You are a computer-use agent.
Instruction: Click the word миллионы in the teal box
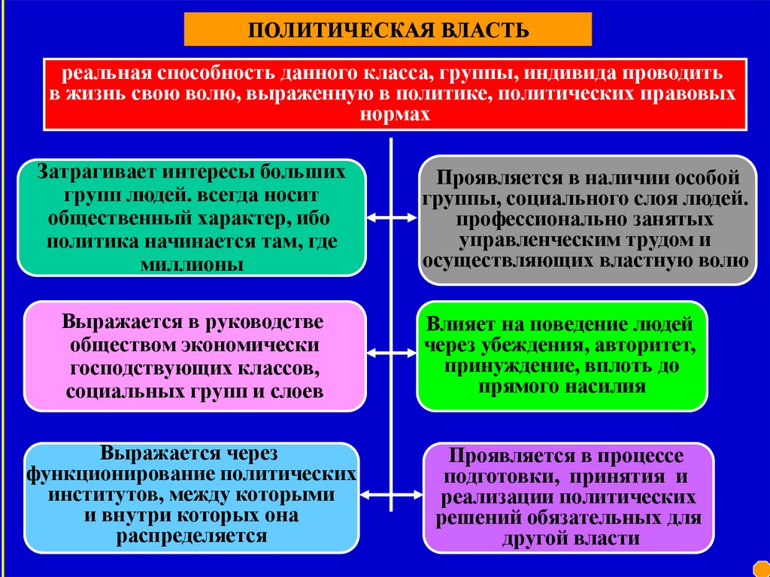click(192, 264)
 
